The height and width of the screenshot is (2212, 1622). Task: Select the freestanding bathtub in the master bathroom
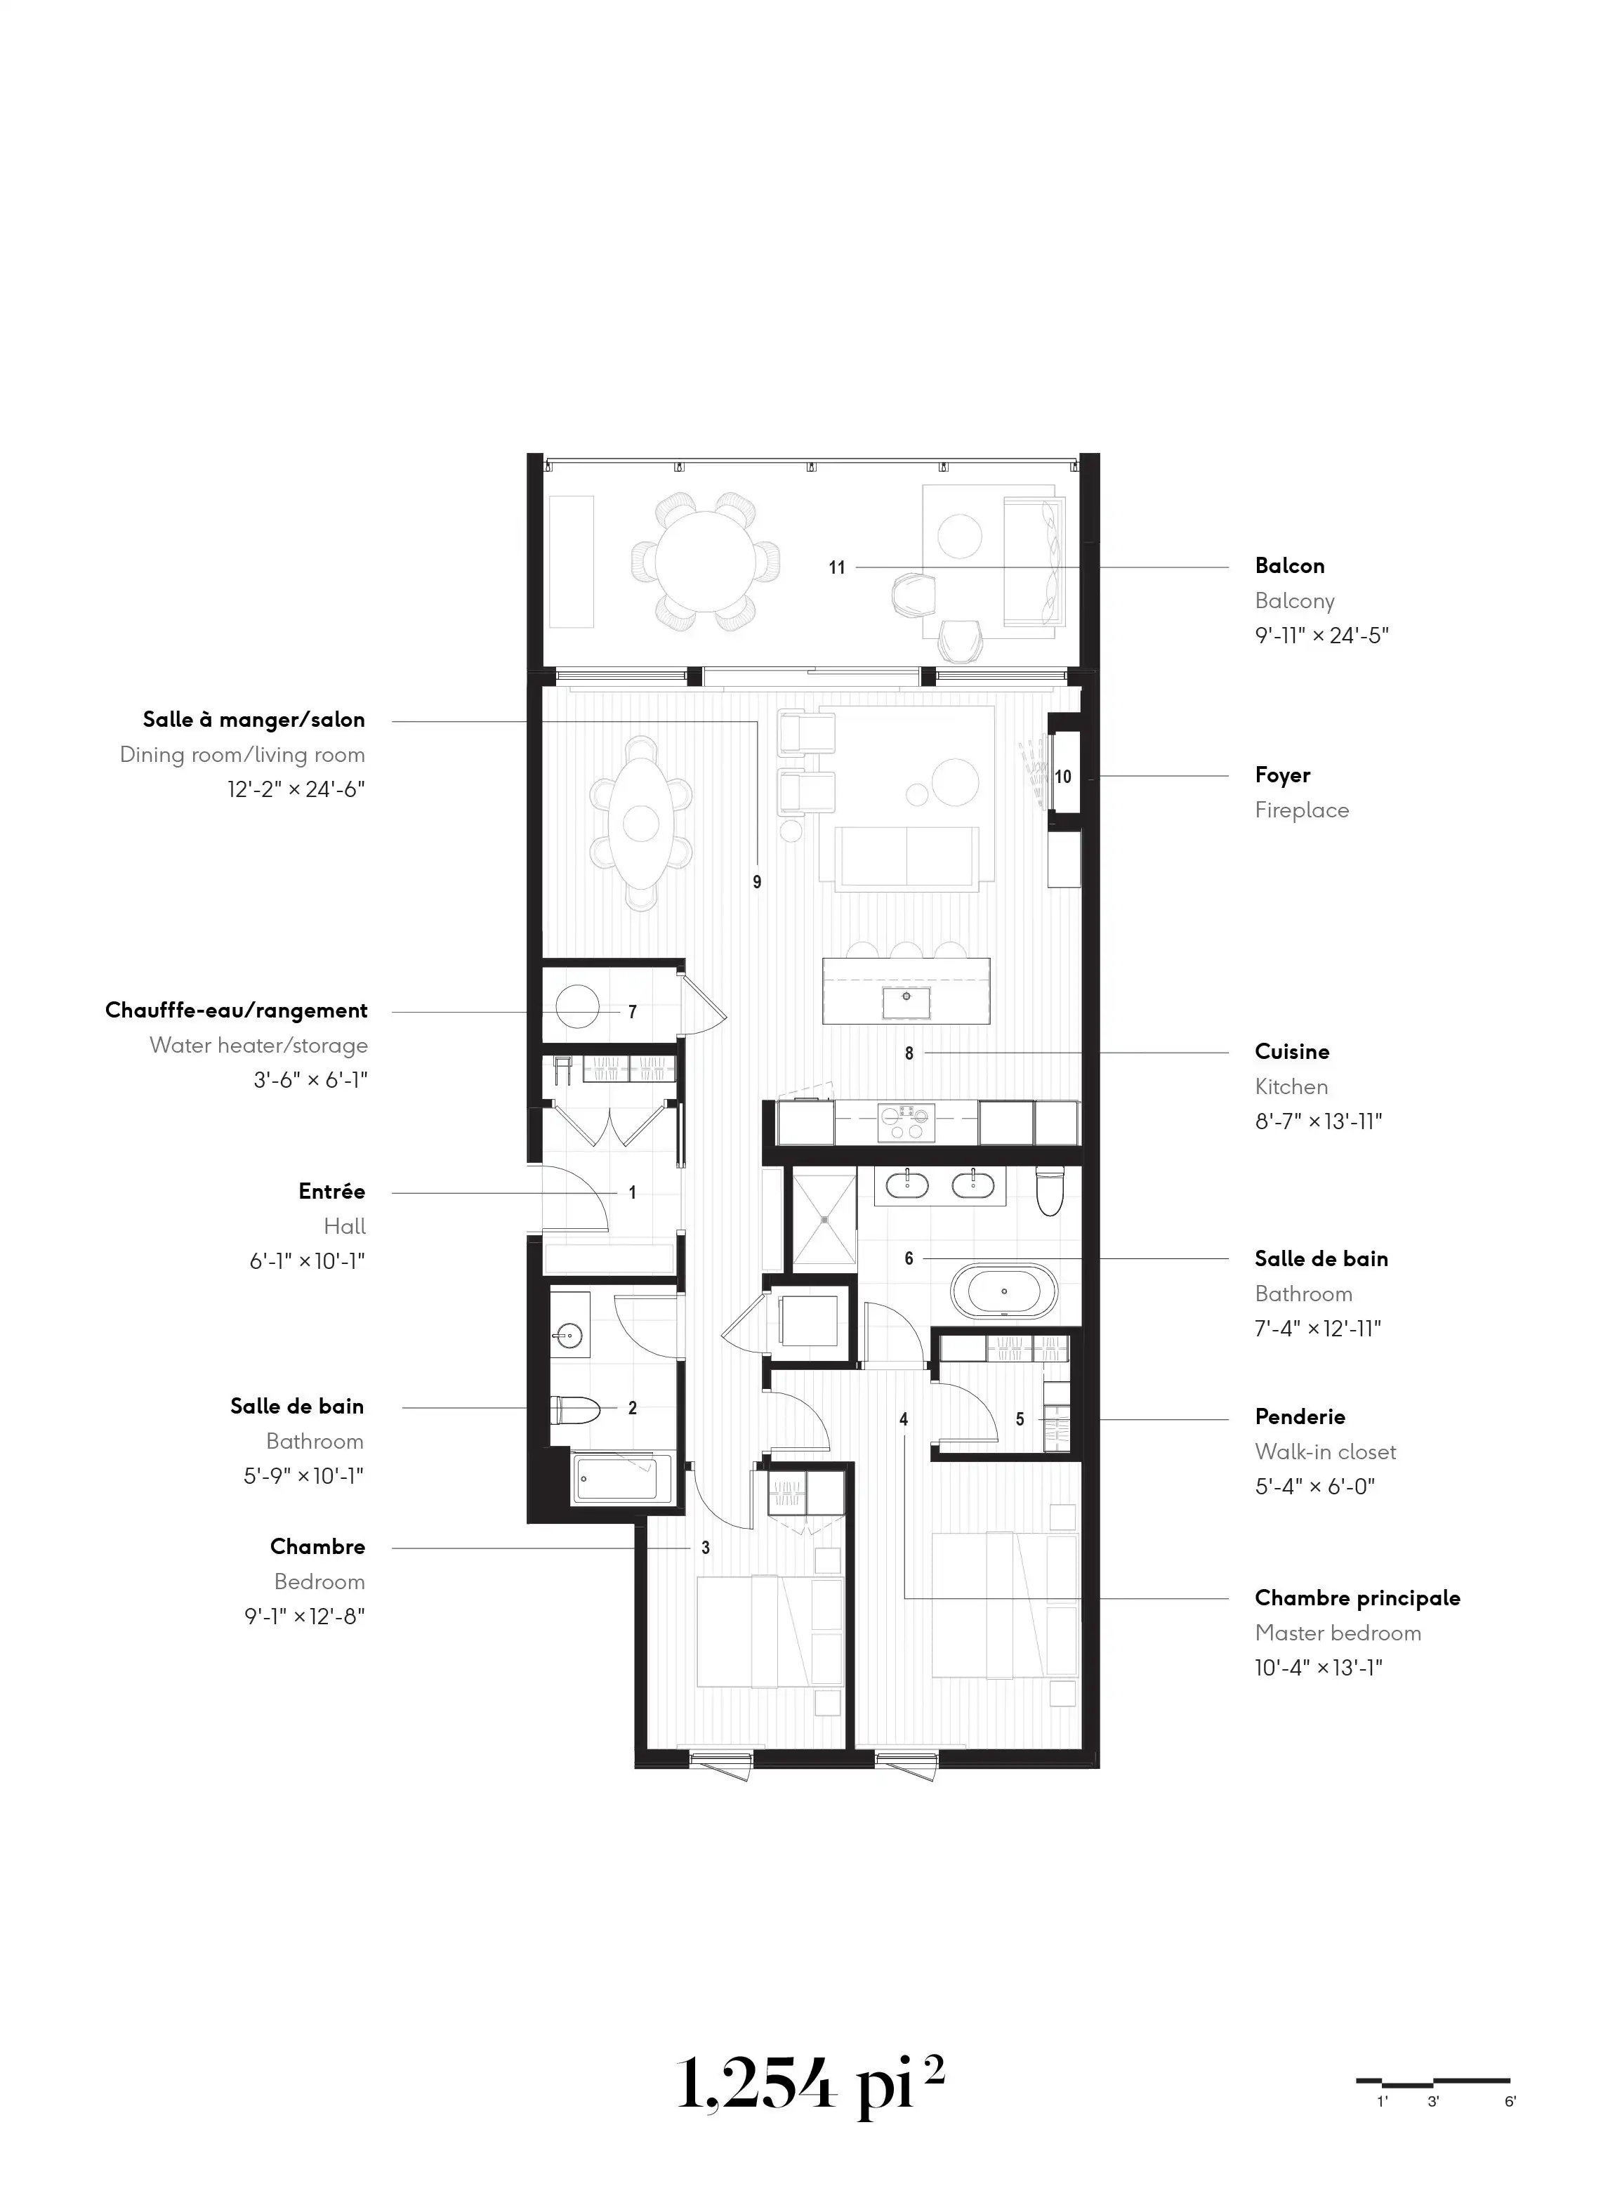pos(1003,1292)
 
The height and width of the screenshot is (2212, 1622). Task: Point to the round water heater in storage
pos(577,1006)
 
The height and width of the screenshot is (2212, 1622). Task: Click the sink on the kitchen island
pos(906,1002)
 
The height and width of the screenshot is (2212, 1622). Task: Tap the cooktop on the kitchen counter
pos(906,1122)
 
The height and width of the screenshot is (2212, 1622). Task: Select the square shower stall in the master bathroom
pos(825,1218)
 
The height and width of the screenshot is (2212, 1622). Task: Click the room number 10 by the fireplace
pos(1063,777)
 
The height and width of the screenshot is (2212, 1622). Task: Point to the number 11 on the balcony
pos(836,567)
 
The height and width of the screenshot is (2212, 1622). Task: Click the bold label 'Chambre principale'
pos(1357,1598)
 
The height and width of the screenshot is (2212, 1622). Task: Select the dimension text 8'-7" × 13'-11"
pos(1319,1121)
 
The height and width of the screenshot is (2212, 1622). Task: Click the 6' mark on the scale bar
pos(1510,2102)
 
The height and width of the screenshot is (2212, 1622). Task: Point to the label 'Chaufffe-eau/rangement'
pos(237,1011)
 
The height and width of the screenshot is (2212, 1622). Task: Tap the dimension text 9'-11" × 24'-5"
pos(1321,636)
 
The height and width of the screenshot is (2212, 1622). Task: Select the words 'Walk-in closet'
pos(1326,1452)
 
